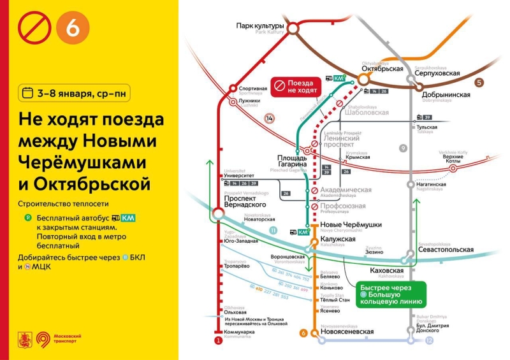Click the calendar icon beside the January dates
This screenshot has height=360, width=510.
pyautogui.click(x=27, y=93)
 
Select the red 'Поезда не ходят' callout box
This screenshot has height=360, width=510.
pyautogui.click(x=296, y=87)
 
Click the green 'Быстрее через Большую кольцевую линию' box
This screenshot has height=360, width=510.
pyautogui.click(x=390, y=294)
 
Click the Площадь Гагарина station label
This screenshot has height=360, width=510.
pyautogui.click(x=293, y=161)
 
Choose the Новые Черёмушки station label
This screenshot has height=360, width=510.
pyautogui.click(x=351, y=225)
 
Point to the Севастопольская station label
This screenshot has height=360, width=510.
pyautogui.click(x=446, y=250)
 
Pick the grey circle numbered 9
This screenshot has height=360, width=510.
pyautogui.click(x=402, y=148)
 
